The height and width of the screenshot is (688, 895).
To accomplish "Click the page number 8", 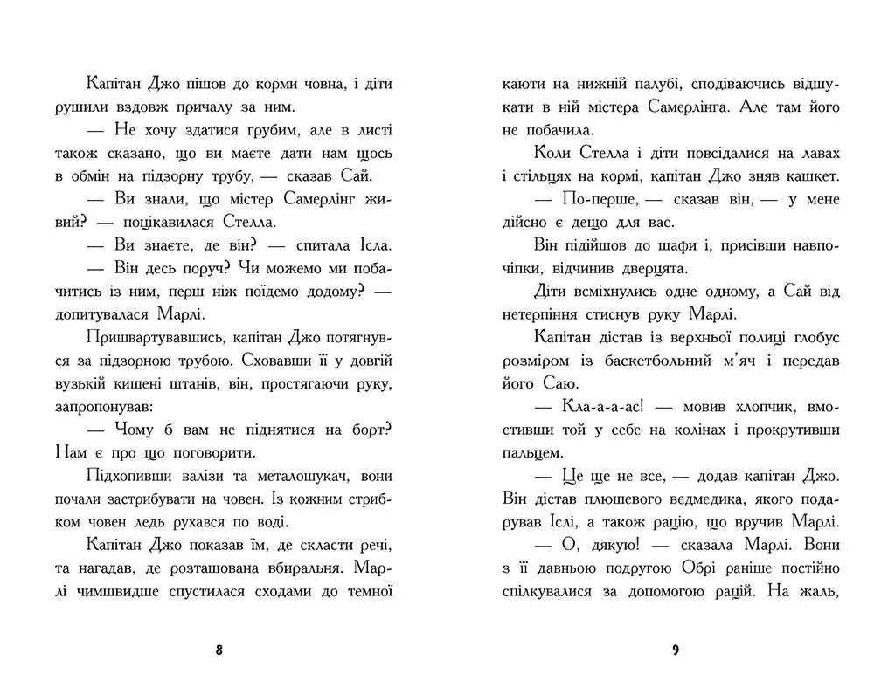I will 219,650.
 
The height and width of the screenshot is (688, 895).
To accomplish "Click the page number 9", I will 676,650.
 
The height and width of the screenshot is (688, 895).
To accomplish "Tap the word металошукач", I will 288,476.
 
